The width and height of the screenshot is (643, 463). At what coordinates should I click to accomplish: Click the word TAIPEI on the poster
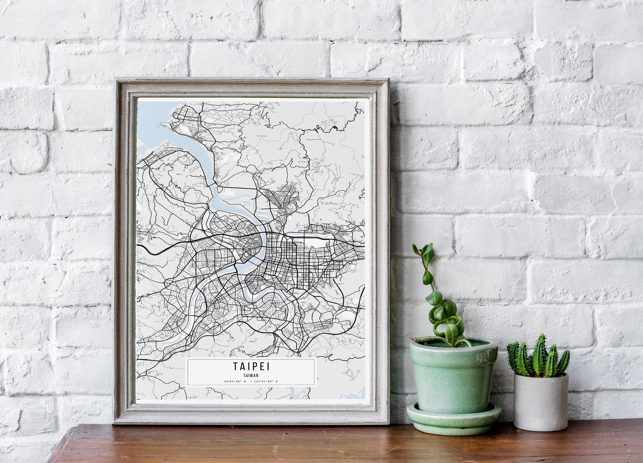pos(251,366)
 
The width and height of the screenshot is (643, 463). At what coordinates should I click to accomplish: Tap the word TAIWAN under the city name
pos(251,375)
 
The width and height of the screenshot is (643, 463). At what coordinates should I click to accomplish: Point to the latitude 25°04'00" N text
pos(235,381)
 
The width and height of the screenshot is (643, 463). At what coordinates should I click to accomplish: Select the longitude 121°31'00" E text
pos(266,381)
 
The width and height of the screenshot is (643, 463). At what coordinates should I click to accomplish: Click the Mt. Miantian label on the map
pos(262,136)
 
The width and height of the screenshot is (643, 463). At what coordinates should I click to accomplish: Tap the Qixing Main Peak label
pos(313,139)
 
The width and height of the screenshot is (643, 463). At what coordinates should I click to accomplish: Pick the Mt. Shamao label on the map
pos(303,161)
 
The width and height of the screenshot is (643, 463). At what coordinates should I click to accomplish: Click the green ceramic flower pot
pos(453,376)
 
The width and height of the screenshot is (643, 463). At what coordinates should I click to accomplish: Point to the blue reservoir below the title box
pos(300,391)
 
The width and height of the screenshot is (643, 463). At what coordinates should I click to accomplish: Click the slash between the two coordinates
pos(251,381)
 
